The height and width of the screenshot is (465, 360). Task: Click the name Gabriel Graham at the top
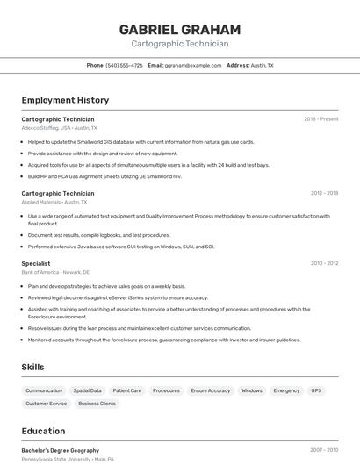(x=180, y=30)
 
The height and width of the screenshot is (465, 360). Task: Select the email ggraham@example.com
(x=193, y=65)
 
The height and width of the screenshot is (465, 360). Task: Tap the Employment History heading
(x=65, y=100)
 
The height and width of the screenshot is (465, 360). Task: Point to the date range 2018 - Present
(x=321, y=119)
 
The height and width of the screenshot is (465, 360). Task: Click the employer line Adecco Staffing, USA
(x=60, y=128)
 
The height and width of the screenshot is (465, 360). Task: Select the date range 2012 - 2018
(x=324, y=193)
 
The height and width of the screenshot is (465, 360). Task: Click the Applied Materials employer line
(x=54, y=202)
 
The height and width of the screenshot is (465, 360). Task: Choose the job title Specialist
(x=36, y=263)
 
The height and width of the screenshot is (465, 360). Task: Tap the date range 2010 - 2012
(x=324, y=263)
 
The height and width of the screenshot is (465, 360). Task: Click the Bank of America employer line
(x=55, y=272)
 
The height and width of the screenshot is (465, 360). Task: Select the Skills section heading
(x=32, y=367)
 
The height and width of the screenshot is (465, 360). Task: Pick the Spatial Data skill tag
(x=87, y=390)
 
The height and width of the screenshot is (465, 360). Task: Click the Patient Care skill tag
(x=127, y=390)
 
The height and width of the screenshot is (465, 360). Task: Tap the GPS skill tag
(x=316, y=390)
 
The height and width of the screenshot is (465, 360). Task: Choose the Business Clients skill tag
(x=97, y=404)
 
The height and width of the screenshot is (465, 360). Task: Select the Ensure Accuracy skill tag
(x=211, y=390)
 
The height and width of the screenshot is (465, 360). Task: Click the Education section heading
(x=43, y=431)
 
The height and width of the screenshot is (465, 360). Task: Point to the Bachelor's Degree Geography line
(x=61, y=450)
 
